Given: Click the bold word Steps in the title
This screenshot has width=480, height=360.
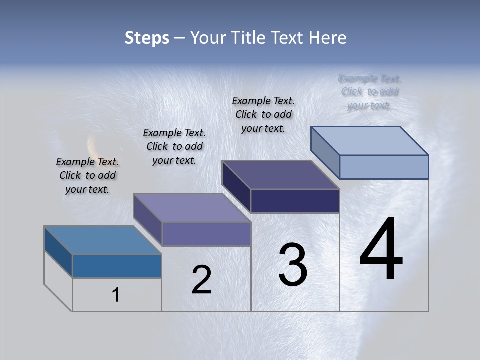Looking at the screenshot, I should click(x=147, y=38).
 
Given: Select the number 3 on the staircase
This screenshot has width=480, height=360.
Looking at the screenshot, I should click(x=293, y=265).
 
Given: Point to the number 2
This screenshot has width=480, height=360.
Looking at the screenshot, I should click(x=201, y=280).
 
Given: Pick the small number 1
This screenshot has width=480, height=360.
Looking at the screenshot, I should click(x=116, y=295).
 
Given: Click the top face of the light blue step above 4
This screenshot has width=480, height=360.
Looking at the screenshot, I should click(x=370, y=141).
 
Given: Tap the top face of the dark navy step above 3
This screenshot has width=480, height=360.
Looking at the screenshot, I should click(x=281, y=175).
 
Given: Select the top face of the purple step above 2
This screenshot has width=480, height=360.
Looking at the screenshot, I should click(x=192, y=208).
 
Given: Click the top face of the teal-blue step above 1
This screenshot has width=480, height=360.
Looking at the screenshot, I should click(x=103, y=240).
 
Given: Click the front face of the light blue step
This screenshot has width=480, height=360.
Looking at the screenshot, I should click(x=384, y=167).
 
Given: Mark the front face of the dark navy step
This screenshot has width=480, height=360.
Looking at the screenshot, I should click(x=295, y=201).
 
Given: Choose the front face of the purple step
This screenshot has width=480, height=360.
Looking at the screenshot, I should click(x=206, y=234).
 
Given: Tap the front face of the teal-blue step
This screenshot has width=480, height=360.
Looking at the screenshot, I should click(x=117, y=266).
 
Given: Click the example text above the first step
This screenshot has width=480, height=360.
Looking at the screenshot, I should click(x=87, y=175).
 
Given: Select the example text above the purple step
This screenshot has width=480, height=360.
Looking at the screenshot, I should click(x=174, y=146).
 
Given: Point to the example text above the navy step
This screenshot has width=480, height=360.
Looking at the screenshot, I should click(x=263, y=114).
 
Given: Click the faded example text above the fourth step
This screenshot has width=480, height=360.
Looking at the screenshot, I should click(x=370, y=92).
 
